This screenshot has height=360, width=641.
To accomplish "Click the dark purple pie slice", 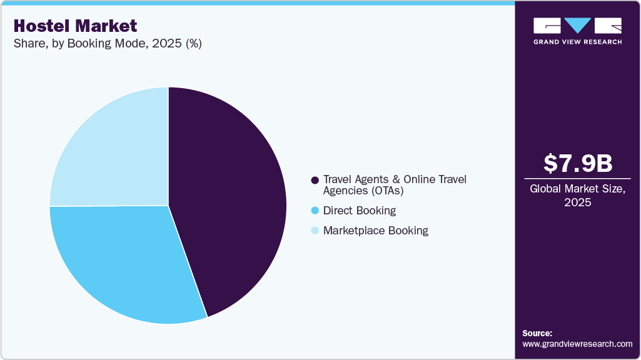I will (231, 200).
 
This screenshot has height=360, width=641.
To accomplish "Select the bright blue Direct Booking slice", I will (125, 262).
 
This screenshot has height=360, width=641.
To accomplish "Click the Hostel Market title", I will (74, 26).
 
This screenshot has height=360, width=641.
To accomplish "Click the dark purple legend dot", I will (315, 180).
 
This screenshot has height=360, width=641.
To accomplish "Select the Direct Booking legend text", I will (359, 211).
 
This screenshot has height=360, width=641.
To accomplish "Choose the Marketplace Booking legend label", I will (375, 230).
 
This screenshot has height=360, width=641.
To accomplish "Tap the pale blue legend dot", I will (315, 231).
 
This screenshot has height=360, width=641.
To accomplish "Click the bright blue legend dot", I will (315, 211).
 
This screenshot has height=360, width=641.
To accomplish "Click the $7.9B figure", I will (577, 163).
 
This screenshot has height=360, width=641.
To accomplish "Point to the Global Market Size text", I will (577, 189).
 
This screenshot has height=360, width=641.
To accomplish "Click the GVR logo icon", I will (577, 26).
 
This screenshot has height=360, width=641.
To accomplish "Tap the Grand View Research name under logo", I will (577, 42).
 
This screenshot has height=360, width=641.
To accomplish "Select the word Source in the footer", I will (537, 333).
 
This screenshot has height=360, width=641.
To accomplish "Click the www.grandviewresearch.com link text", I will (577, 344).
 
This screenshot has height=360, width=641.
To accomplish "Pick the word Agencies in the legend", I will (344, 190).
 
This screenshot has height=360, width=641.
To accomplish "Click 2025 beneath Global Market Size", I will (577, 202).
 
